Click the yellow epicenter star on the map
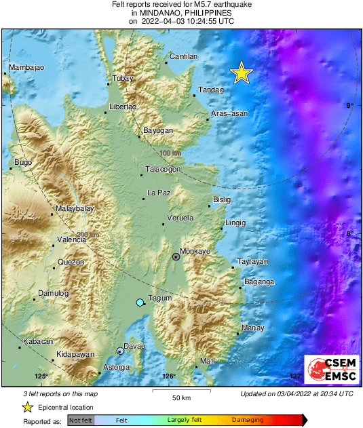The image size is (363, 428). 241,73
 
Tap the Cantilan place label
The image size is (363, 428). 183,56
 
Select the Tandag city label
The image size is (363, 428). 210,90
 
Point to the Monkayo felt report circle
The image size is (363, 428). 176,257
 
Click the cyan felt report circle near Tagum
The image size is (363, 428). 140,303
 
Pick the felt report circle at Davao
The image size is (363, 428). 120,351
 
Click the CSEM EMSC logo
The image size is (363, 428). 328,370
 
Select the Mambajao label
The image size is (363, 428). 26,68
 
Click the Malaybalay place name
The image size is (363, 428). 75,208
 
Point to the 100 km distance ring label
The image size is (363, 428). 171,153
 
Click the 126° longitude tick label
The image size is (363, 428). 169,376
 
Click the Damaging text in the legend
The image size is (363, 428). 248,421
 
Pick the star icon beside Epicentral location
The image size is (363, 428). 27,407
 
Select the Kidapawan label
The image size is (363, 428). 75,355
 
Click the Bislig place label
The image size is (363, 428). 222,199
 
